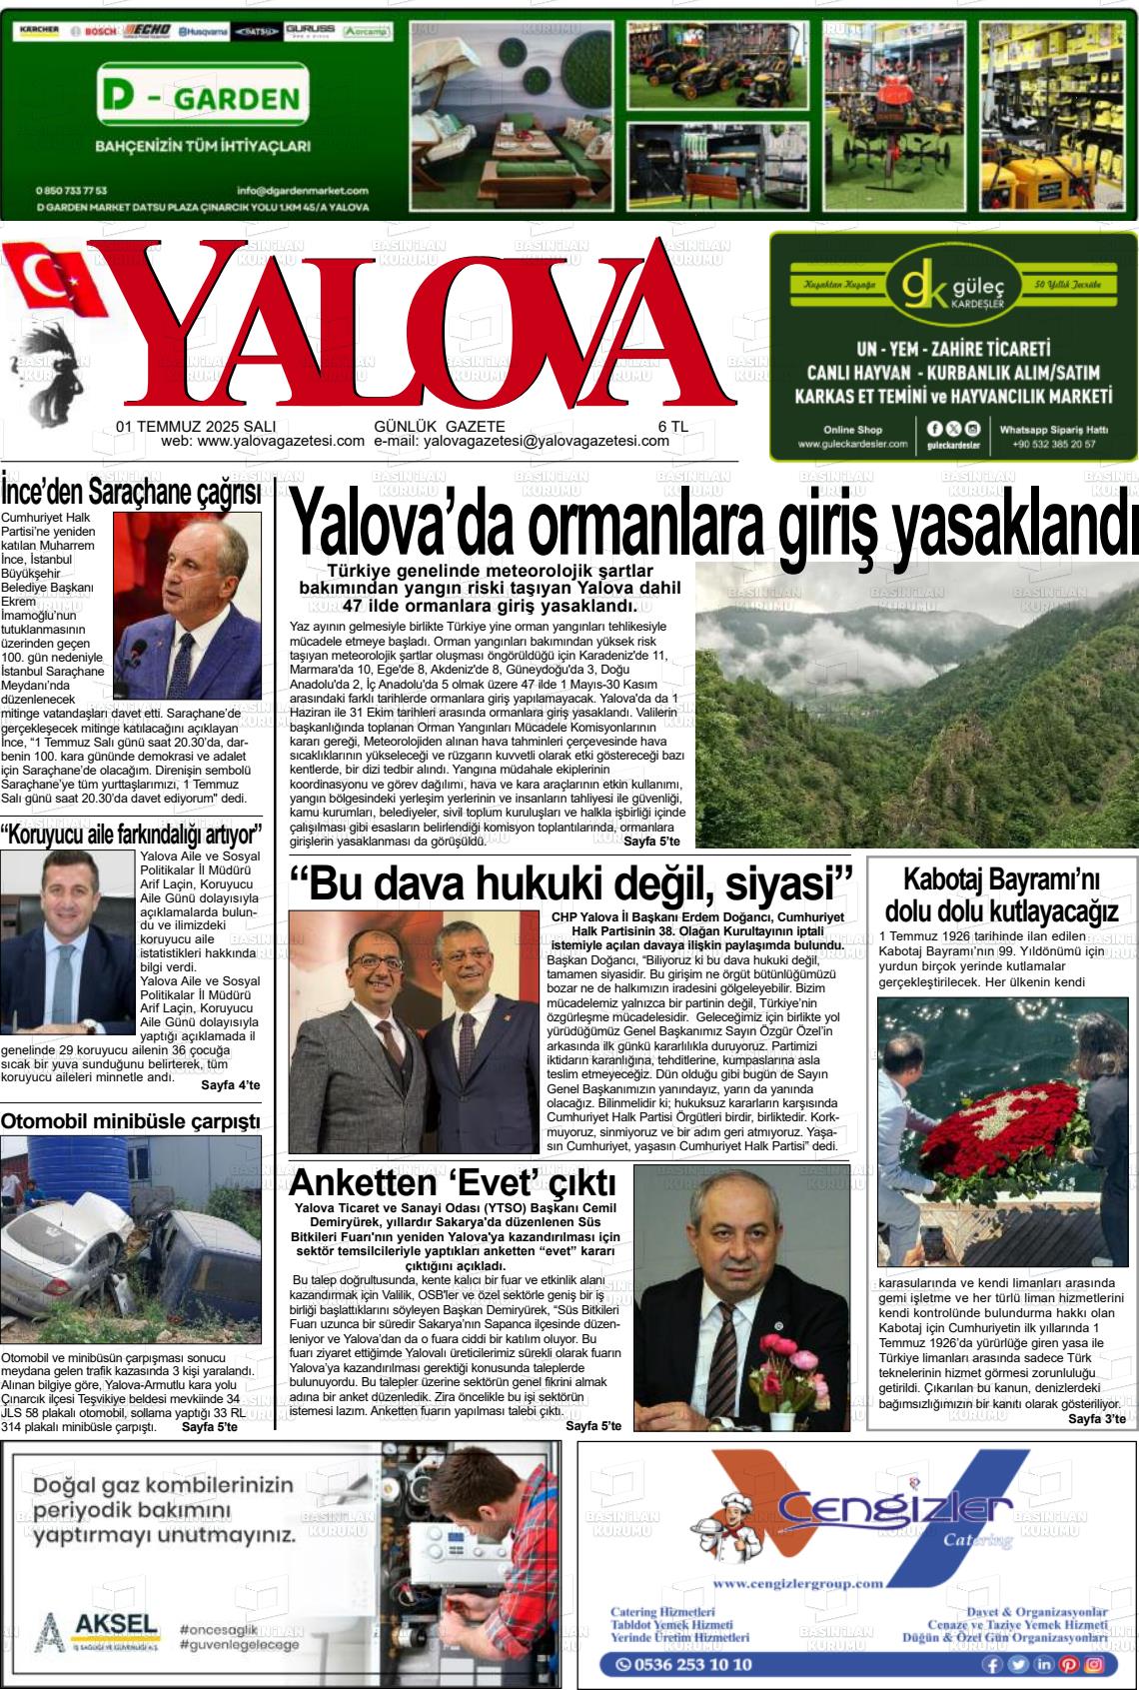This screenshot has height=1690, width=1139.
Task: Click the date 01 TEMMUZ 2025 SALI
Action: tap(196, 426)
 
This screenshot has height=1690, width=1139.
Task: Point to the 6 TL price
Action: tap(672, 426)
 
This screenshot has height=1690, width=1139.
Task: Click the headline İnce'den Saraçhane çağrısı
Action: tap(131, 493)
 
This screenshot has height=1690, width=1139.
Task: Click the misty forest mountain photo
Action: tap(916, 705)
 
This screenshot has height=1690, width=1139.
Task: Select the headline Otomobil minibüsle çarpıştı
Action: tap(131, 1120)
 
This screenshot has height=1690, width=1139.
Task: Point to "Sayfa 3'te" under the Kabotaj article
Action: tap(1096, 1419)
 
